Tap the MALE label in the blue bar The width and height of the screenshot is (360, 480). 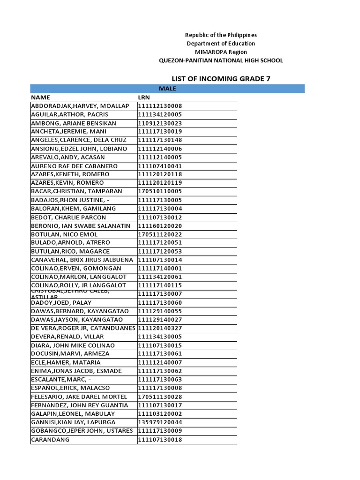click(x=167, y=89)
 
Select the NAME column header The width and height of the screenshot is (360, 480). click(x=40, y=97)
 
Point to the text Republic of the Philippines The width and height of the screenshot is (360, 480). click(x=221, y=35)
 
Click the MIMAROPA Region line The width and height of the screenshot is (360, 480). click(x=221, y=52)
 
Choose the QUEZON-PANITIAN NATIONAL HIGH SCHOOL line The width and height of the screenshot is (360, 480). click(x=221, y=60)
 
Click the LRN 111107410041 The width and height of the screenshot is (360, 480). click(x=159, y=166)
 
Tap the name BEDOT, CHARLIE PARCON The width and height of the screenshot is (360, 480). click(x=68, y=217)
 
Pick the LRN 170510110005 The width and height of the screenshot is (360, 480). click(x=159, y=191)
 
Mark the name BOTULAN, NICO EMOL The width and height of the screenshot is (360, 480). click(x=64, y=234)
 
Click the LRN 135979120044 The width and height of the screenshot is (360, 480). click(x=159, y=422)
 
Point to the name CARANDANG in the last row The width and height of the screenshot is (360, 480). click(x=50, y=440)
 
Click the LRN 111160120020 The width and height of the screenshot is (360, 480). click(x=159, y=226)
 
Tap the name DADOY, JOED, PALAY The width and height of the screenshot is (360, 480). click(x=61, y=303)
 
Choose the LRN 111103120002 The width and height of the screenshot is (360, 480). click(x=159, y=414)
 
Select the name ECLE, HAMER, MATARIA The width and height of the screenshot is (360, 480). click(x=66, y=362)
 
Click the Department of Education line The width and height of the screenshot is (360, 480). click(x=221, y=44)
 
